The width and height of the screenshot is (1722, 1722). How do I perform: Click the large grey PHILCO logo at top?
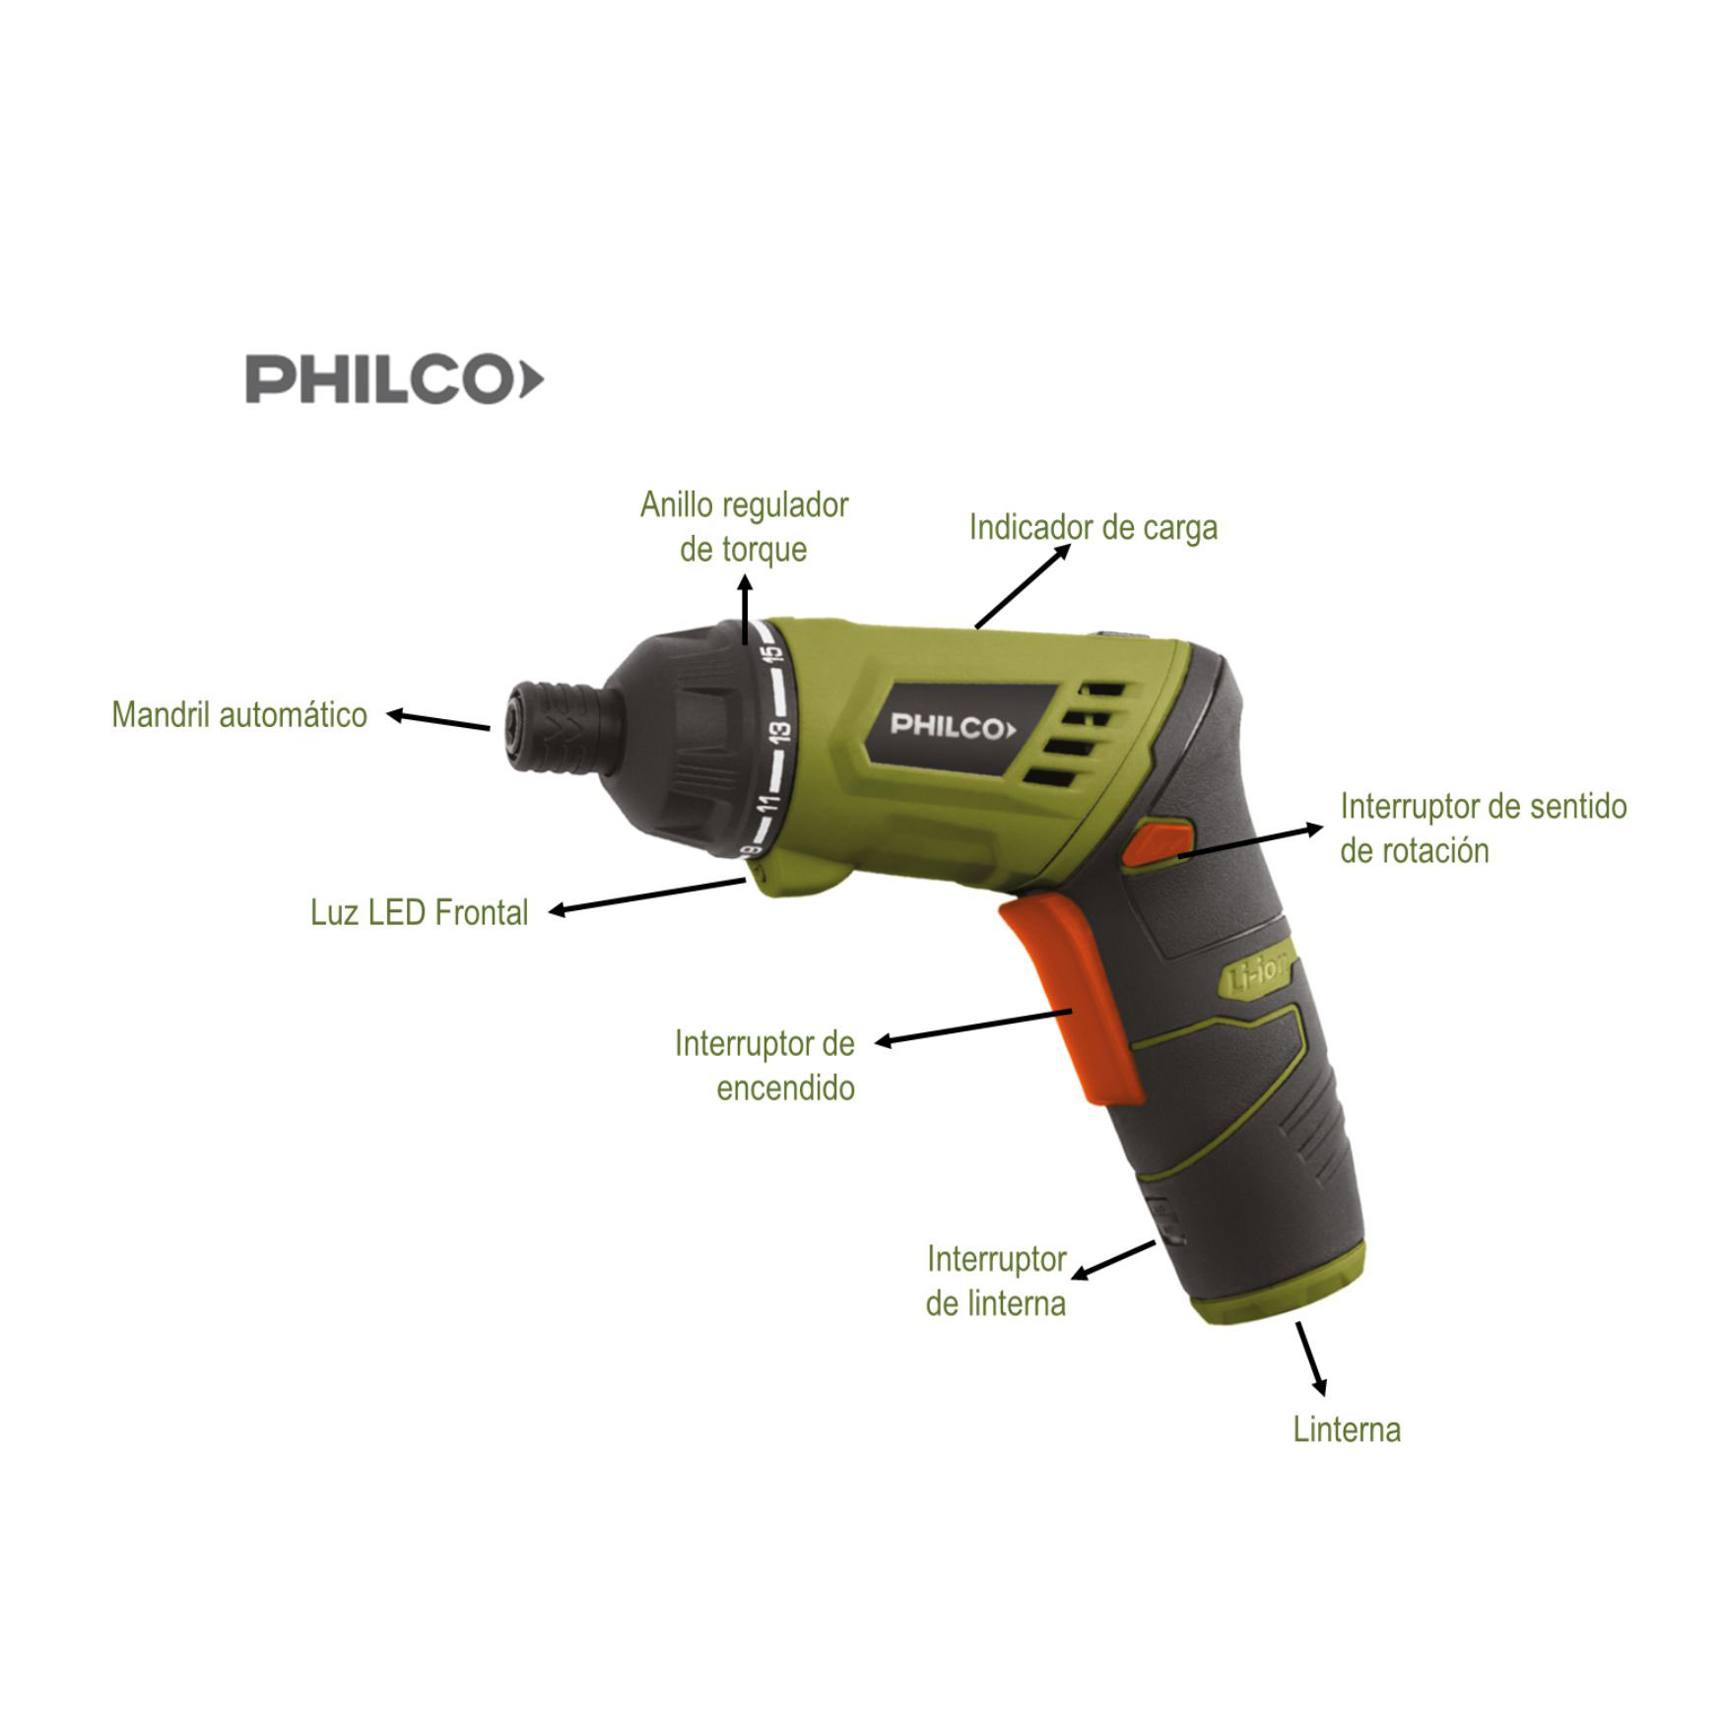click(x=394, y=380)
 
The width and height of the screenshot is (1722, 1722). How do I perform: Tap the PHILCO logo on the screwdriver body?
click(x=952, y=727)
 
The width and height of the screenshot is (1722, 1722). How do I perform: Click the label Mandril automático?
click(x=239, y=714)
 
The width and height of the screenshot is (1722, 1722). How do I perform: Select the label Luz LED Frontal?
click(x=420, y=912)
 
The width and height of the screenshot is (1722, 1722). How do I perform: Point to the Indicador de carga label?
click(x=1093, y=527)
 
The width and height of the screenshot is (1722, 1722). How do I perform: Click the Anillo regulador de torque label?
click(x=745, y=527)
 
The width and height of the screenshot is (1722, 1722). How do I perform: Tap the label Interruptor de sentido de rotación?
click(x=1484, y=828)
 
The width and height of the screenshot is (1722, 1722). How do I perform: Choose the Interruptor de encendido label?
click(x=765, y=1065)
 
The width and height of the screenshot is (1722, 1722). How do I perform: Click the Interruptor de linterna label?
click(x=996, y=1281)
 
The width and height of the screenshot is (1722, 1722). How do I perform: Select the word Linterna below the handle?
click(x=1347, y=1429)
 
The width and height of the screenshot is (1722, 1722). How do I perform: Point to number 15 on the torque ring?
click(x=772, y=653)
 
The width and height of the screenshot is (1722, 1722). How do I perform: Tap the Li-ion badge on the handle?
click(x=1259, y=977)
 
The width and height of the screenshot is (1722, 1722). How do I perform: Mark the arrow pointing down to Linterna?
click(x=1312, y=1358)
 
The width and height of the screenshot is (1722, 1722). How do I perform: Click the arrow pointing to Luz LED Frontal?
click(x=647, y=896)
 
